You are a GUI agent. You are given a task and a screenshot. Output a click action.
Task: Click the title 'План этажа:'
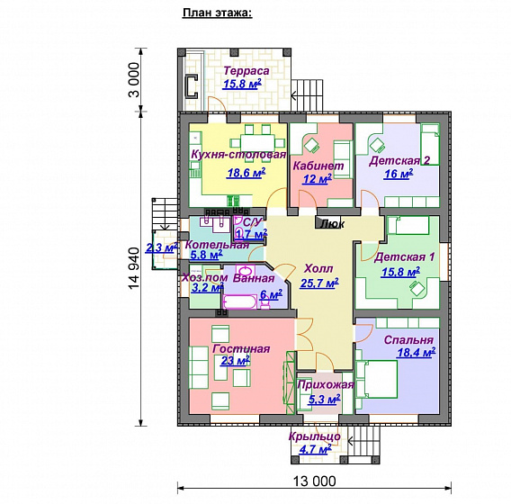218,13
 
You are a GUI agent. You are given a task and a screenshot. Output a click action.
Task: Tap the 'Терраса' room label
247,71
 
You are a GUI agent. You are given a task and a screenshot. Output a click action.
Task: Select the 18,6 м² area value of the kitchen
246,173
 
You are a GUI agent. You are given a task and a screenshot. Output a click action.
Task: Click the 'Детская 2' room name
399,161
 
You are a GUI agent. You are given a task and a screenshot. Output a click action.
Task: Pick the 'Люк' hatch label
332,224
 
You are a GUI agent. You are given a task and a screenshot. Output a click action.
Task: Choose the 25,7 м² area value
319,283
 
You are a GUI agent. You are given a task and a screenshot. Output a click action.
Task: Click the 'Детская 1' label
404,256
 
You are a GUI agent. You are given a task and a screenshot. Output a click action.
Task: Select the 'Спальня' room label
408,340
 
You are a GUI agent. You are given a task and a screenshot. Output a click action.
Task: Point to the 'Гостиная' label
241,349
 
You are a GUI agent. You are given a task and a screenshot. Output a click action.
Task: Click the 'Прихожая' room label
326,384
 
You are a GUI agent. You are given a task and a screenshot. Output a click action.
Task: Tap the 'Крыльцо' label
315,436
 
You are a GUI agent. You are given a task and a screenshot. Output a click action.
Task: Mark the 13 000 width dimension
315,481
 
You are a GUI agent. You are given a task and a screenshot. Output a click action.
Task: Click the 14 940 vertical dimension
134,268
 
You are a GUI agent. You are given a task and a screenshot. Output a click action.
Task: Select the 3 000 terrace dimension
134,80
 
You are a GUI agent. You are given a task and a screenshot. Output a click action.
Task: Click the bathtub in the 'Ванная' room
240,301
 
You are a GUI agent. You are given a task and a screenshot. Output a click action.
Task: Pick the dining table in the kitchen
257,143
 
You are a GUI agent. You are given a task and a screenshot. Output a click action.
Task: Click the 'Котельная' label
217,245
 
